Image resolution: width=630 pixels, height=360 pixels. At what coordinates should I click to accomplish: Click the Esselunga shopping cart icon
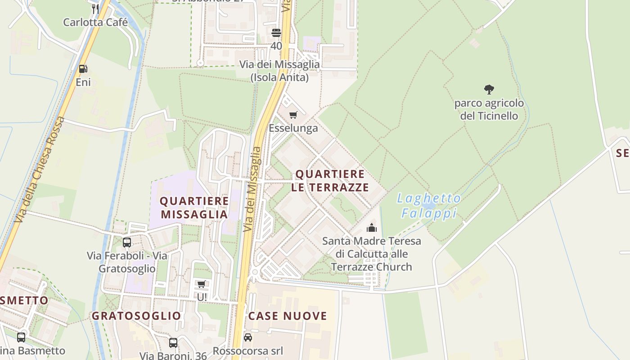tap(293, 115)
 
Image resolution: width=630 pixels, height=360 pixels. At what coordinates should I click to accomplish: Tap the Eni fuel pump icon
tap(83, 69)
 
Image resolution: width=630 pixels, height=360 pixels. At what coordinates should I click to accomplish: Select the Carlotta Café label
tap(95, 22)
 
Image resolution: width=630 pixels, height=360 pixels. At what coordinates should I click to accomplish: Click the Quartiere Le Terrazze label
tap(330, 180)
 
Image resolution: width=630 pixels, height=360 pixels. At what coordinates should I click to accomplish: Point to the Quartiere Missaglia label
tap(194, 207)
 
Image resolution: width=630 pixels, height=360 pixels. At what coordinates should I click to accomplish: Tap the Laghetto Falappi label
tap(429, 206)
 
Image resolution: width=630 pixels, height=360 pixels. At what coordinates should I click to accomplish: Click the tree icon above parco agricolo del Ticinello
tap(489, 90)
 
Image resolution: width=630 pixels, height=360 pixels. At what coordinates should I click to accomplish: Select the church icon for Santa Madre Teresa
tap(372, 228)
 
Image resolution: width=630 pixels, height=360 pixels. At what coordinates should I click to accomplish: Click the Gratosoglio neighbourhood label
tap(136, 316)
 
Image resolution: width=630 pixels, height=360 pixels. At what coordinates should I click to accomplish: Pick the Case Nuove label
tap(288, 316)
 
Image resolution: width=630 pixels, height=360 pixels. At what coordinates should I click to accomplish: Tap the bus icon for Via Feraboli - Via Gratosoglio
tap(127, 243)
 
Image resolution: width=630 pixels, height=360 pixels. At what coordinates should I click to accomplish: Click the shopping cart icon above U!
tap(201, 284)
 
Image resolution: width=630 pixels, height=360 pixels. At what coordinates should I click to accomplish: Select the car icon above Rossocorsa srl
tap(248, 337)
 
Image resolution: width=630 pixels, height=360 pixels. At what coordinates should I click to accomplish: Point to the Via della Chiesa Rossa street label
tap(40, 170)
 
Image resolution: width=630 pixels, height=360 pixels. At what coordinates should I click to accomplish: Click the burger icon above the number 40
tap(276, 33)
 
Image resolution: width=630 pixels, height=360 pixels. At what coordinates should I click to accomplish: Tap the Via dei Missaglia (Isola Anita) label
tap(279, 71)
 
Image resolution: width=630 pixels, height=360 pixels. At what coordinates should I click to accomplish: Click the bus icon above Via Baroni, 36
tap(173, 342)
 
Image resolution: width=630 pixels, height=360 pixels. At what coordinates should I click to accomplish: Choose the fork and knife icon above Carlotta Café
tap(95, 9)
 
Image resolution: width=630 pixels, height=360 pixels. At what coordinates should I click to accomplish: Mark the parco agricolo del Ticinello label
tap(489, 109)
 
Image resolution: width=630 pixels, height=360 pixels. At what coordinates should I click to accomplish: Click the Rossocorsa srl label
tap(248, 351)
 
